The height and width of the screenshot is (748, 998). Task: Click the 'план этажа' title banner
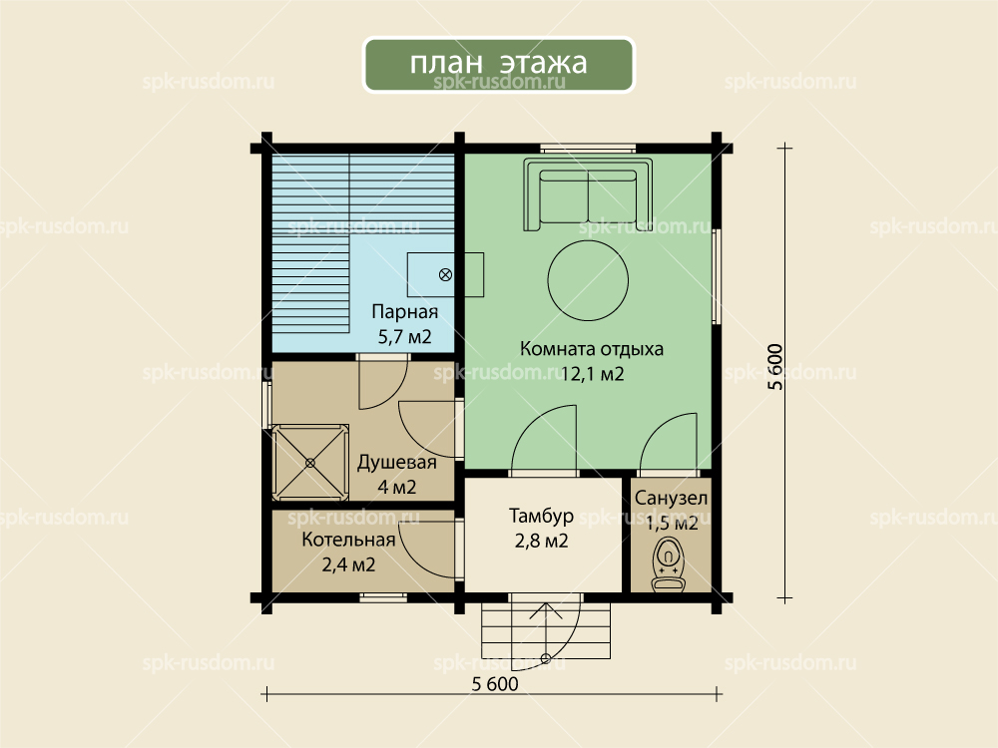tap(498, 64)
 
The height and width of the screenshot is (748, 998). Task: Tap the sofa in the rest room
tap(588, 194)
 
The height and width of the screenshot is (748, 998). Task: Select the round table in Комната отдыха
tap(588, 280)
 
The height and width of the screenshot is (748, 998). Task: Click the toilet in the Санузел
tap(669, 564)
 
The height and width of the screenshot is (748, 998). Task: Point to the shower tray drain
tap(310, 463)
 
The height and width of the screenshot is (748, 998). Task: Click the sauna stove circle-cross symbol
tap(445, 275)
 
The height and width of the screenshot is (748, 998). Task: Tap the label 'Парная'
tap(405, 311)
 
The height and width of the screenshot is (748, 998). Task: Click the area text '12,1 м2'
tap(592, 373)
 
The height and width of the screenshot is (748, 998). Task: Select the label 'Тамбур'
tap(541, 516)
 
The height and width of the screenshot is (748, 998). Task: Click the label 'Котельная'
tap(348, 540)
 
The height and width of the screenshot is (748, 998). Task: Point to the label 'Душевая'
tap(396, 463)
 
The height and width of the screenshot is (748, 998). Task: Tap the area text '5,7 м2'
tap(405, 336)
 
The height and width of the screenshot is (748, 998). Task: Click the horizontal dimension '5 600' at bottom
tap(495, 684)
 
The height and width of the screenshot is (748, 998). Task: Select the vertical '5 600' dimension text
tap(775, 366)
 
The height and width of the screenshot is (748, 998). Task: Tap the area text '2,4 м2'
tap(348, 564)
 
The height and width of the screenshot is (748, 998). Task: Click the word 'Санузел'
tap(671, 498)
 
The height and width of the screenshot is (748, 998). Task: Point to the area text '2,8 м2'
tap(541, 542)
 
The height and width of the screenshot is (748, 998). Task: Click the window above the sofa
tap(588, 150)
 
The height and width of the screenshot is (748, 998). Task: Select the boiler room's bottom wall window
tap(383, 597)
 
